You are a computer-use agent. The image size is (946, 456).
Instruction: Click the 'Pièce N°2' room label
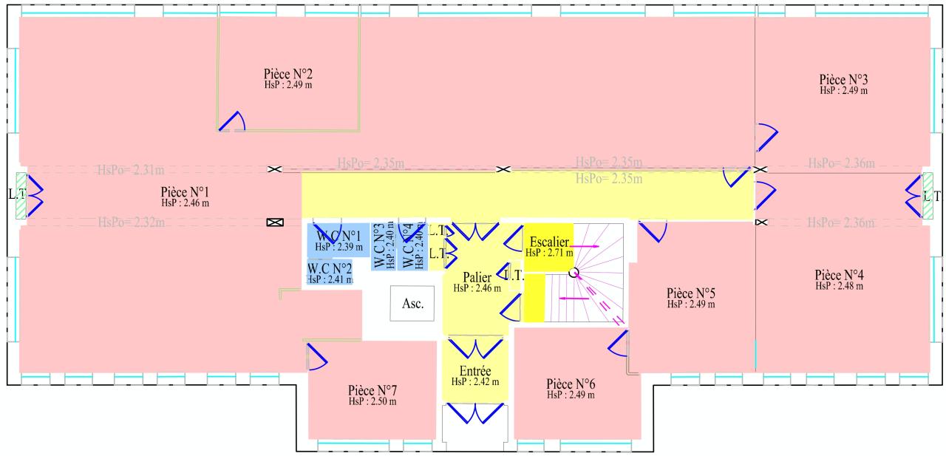(287, 74)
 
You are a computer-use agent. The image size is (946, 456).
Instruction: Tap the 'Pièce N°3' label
(843, 79)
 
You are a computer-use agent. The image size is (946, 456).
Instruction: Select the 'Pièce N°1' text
(185, 191)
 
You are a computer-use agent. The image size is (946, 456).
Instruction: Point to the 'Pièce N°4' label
(839, 274)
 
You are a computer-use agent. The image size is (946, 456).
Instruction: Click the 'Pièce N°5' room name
(690, 293)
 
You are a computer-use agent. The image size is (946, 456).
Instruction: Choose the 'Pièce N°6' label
(571, 384)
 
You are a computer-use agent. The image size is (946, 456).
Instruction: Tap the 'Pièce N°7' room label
(372, 390)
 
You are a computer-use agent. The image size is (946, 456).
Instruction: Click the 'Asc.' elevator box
(412, 304)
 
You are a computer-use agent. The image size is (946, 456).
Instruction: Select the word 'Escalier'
(549, 242)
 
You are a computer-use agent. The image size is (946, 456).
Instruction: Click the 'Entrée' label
(475, 371)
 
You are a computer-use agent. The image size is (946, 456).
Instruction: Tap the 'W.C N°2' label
(329, 268)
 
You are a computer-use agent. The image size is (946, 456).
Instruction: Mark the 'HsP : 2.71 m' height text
(549, 253)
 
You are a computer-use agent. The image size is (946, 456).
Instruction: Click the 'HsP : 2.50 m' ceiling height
(372, 401)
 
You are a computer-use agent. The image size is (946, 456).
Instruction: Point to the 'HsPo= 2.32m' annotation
(131, 222)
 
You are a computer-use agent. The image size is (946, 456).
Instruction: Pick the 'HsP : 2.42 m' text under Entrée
(475, 382)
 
